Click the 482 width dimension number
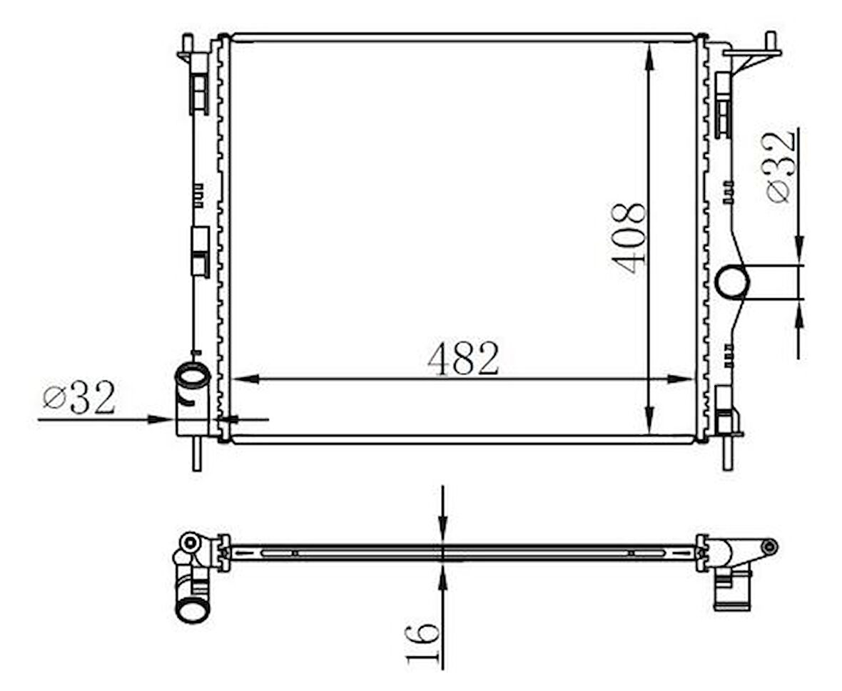[464, 359]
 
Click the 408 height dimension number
[629, 238]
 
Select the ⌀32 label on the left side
[78, 399]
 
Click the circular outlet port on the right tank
[732, 282]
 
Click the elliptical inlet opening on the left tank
[193, 375]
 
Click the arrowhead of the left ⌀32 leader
[162, 419]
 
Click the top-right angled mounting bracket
[755, 54]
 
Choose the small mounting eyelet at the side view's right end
[769, 547]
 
